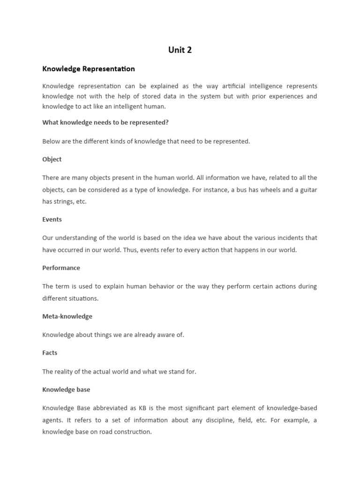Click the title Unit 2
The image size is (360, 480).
(x=180, y=50)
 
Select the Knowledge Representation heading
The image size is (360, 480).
(x=89, y=69)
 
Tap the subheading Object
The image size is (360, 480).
(x=52, y=159)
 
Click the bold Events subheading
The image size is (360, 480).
(x=52, y=219)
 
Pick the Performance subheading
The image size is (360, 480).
(x=61, y=268)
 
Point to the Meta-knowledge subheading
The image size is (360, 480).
(x=67, y=316)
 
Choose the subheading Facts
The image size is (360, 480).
(x=50, y=353)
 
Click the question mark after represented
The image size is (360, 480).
(x=167, y=123)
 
